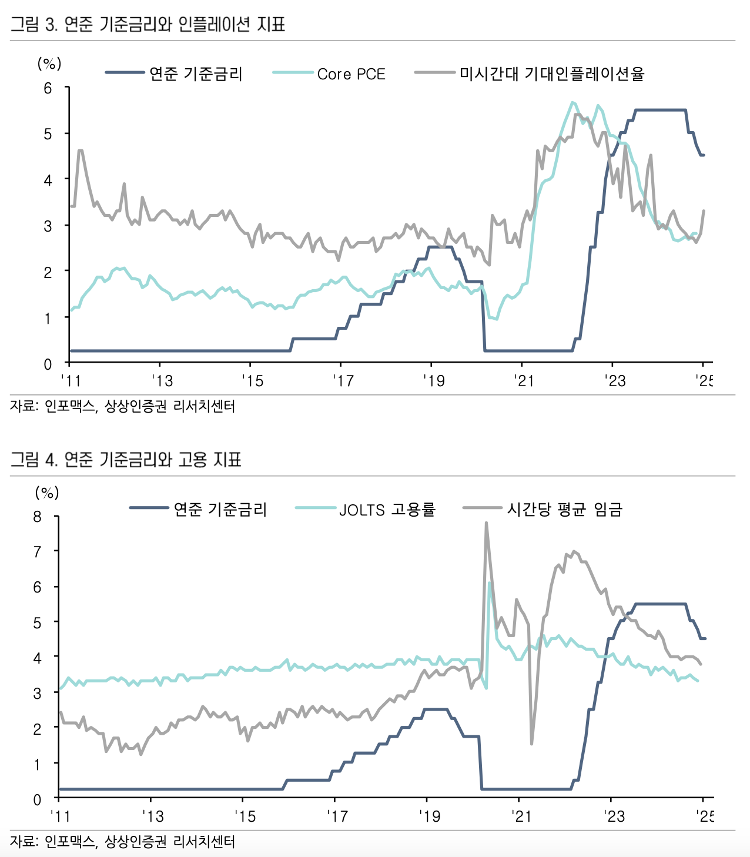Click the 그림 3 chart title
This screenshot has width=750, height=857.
(148, 24)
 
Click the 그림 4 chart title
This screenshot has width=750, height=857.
(126, 459)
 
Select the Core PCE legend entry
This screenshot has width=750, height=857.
(351, 74)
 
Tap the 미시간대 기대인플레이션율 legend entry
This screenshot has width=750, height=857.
(551, 73)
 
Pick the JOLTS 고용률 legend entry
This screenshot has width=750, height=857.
(387, 509)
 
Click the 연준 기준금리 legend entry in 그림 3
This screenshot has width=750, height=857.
(196, 73)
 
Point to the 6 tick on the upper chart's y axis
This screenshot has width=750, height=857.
(48, 88)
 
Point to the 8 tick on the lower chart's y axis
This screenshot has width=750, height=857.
(38, 517)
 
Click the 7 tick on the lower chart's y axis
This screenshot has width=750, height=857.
(38, 552)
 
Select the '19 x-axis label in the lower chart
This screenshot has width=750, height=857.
(429, 816)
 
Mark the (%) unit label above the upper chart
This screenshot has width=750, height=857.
(49, 63)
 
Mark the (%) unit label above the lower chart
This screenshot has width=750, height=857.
(47, 492)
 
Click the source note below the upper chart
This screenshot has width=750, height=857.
(122, 406)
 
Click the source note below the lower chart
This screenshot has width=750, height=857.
(122, 842)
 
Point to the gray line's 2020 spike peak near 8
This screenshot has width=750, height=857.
(486, 523)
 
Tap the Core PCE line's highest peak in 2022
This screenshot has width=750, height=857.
(572, 102)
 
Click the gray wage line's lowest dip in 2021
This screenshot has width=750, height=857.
(531, 744)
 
